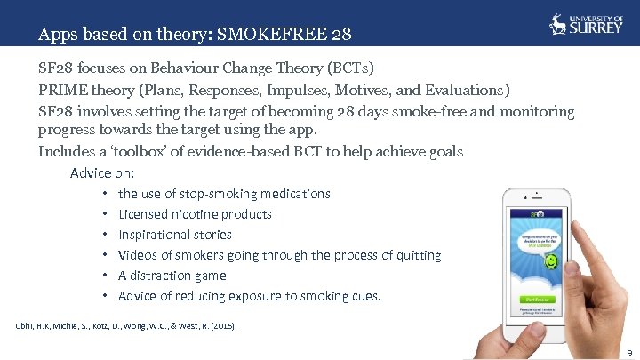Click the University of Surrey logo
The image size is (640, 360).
(583, 24)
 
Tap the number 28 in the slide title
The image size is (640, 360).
(340, 36)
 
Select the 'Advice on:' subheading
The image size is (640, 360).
(102, 172)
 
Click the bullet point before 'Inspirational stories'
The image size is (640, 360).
(105, 235)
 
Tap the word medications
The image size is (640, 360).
(299, 194)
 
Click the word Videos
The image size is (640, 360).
(139, 255)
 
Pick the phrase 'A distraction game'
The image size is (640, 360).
(172, 276)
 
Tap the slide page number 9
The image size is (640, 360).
(628, 353)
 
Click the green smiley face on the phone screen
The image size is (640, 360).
(551, 262)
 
